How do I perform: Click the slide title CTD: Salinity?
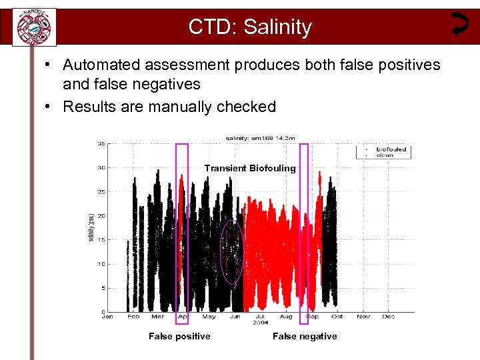(249, 27)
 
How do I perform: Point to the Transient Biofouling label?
(250, 168)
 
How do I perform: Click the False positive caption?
(179, 336)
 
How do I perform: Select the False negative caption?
(305, 336)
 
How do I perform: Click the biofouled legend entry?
(391, 149)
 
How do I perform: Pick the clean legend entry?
(385, 155)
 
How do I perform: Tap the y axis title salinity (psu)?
(91, 227)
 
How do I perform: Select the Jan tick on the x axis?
(108, 317)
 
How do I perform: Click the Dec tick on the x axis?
(389, 317)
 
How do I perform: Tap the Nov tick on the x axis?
(363, 317)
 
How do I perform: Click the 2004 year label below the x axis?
(261, 323)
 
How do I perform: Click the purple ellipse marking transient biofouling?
(231, 252)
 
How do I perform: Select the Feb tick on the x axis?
(133, 317)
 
